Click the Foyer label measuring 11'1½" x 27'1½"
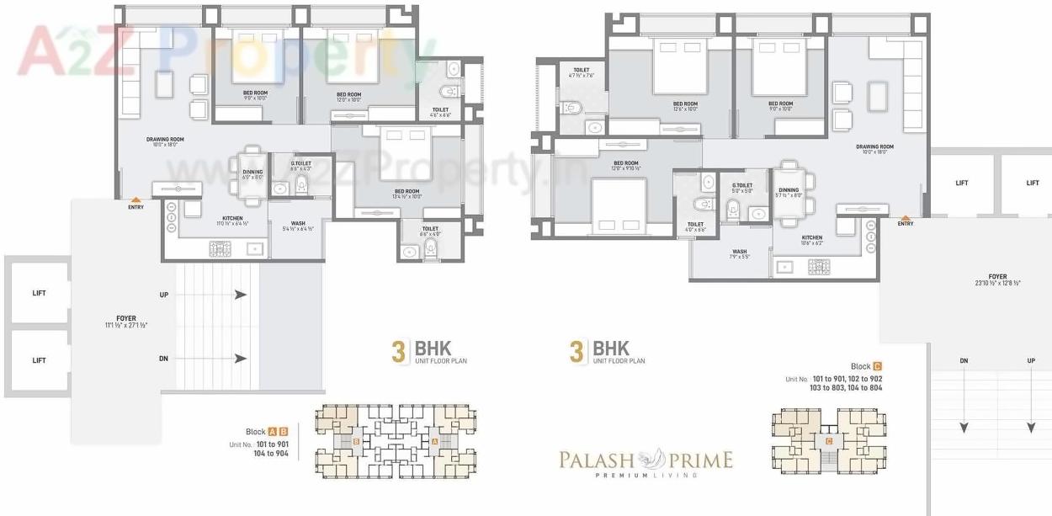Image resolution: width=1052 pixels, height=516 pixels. pos(126,322)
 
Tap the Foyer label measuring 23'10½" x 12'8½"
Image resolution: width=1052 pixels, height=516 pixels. pos(997,279)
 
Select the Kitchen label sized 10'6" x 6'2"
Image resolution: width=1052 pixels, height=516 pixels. pos(811,240)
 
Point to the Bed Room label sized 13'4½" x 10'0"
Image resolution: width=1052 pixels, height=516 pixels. pos(407,194)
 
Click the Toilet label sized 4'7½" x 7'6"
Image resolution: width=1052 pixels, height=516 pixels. pos(581,73)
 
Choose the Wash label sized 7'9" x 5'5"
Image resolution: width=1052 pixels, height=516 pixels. pos(739,253)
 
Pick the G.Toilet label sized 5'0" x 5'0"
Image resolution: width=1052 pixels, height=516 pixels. pos(741,188)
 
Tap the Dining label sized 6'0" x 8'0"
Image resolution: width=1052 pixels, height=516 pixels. pos(252,174)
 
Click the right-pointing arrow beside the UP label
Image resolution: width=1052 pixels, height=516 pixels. pos(241,295)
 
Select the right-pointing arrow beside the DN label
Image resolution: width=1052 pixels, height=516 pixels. pos(241,359)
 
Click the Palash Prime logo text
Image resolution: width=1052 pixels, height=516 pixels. pos(646,460)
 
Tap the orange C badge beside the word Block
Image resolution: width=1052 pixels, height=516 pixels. pos(878,366)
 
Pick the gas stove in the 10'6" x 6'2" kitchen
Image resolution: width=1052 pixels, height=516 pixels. pos(818,267)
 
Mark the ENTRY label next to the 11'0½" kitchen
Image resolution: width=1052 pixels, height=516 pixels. pos(135,207)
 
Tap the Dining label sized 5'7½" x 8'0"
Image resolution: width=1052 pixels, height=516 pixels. pos(789,193)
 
